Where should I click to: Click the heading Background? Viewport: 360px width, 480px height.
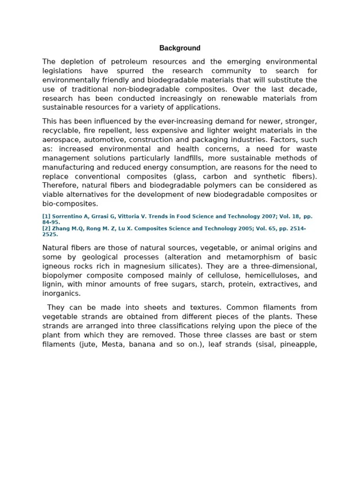180,48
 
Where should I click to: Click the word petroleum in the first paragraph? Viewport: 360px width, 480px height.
128,62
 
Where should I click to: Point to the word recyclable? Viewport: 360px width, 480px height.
60,131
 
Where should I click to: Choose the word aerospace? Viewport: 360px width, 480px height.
60,140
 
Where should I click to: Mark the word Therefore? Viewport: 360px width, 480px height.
60,186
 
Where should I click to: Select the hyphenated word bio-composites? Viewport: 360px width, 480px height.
70,204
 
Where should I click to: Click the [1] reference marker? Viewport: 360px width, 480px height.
46,217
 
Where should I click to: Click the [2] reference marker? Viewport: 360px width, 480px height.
46,228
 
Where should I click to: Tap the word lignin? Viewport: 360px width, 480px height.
52,285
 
